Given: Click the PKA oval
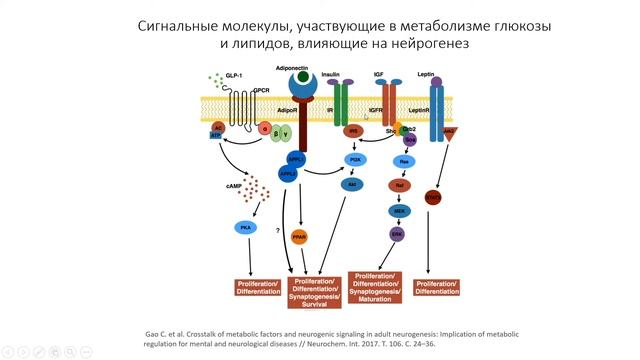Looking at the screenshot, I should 246,228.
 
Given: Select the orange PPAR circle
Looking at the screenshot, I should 299,236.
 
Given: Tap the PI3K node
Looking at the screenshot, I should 354,160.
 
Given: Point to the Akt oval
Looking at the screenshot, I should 351,185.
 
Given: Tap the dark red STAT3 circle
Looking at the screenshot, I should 432,197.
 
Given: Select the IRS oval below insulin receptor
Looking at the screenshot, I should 353,131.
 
